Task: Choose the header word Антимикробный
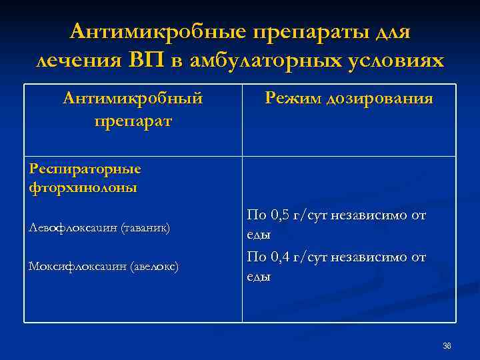(133, 99)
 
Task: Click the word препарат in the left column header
(133, 121)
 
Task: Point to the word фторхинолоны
(83, 187)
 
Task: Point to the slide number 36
(447, 345)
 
